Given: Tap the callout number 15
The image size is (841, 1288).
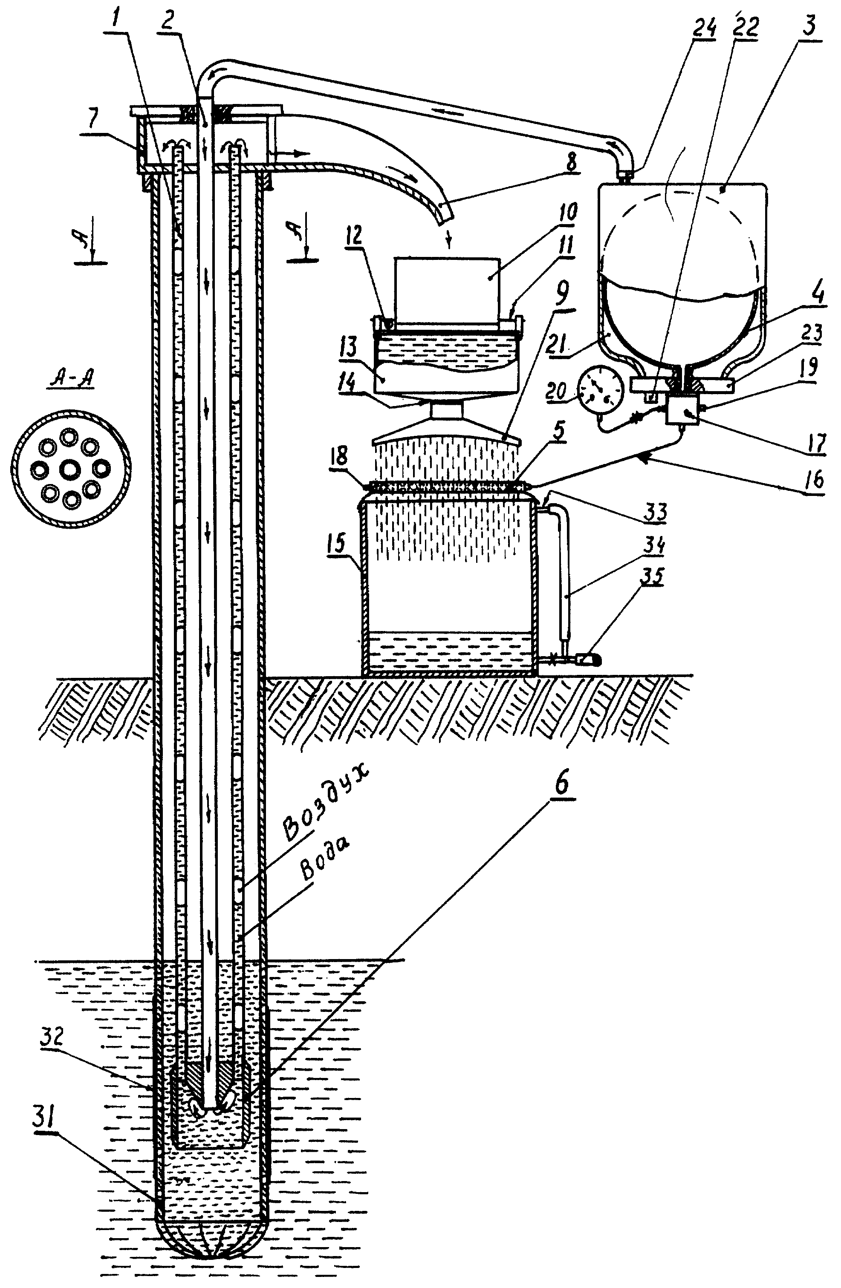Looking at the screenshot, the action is pos(336,543).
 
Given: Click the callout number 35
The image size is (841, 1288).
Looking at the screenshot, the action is pos(651,577).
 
